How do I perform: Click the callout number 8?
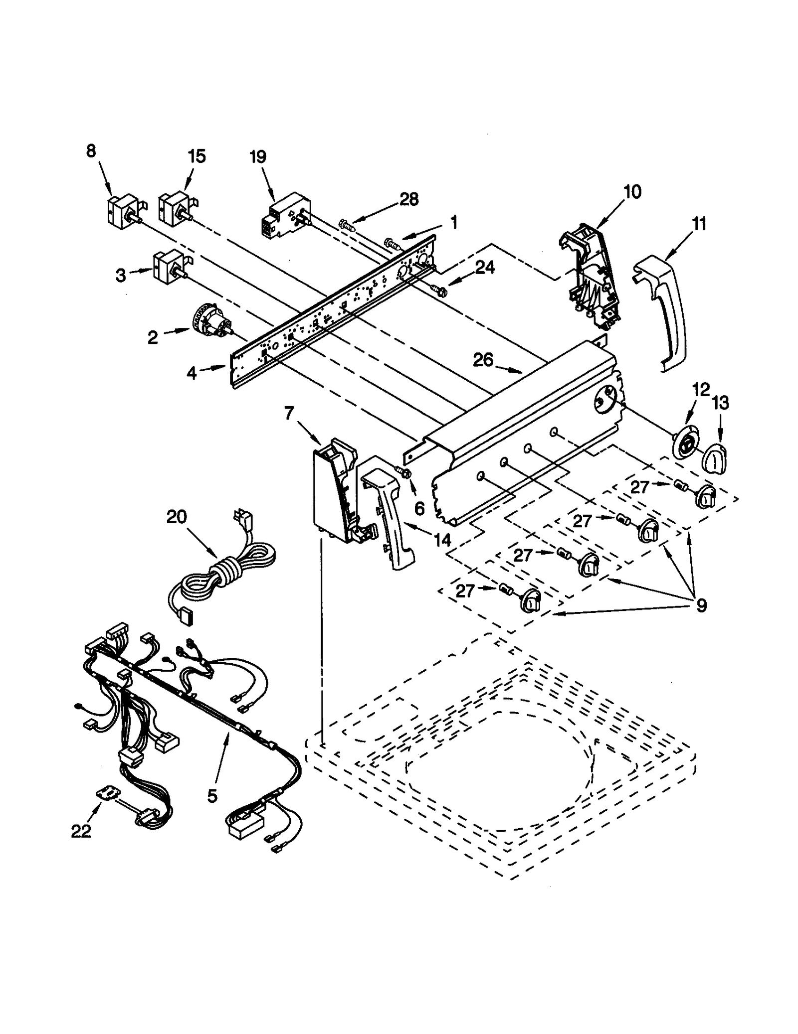point(91,150)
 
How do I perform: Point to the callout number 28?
point(408,199)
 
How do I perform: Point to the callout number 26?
point(482,360)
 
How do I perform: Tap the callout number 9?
point(701,605)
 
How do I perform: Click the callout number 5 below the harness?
point(212,796)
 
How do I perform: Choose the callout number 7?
point(290,413)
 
